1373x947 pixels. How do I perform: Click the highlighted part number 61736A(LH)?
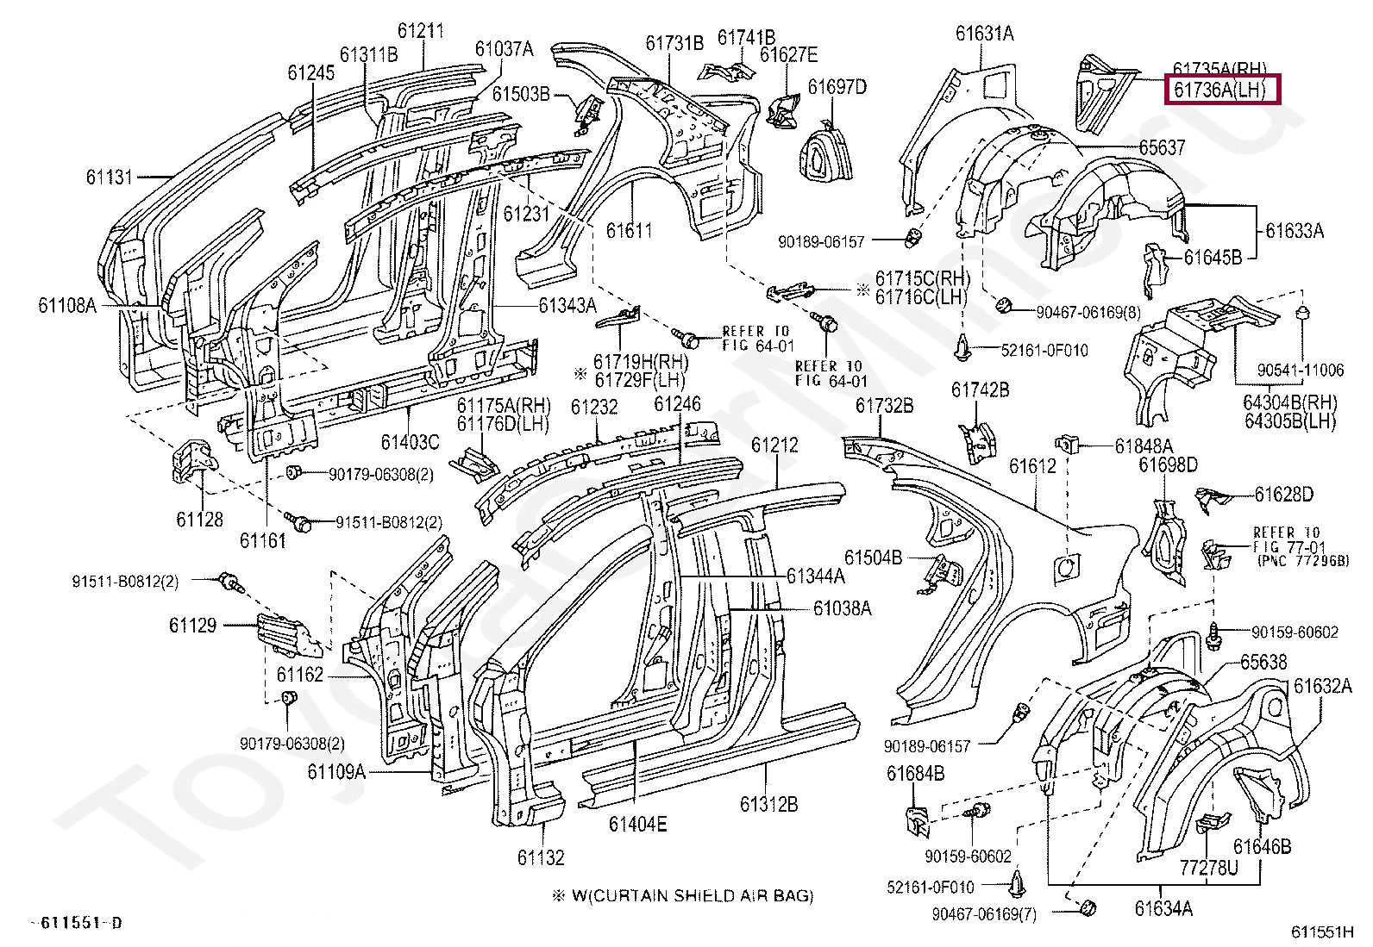pyautogui.click(x=1223, y=90)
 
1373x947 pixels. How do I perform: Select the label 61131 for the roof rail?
pyautogui.click(x=110, y=178)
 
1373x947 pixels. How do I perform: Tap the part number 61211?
pyautogui.click(x=420, y=31)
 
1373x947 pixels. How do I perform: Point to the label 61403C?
pyautogui.click(x=410, y=441)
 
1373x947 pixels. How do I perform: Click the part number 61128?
pyautogui.click(x=199, y=519)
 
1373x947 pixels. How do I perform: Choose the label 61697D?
pyautogui.click(x=837, y=87)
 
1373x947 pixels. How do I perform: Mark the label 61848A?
pyautogui.click(x=1144, y=446)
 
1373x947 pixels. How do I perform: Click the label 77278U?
pyautogui.click(x=1208, y=867)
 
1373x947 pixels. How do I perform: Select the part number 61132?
pyautogui.click(x=541, y=857)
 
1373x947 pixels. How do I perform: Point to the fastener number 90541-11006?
pyautogui.click(x=1300, y=371)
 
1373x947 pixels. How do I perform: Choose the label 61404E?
pyautogui.click(x=637, y=825)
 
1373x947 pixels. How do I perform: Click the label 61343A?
pyautogui.click(x=567, y=306)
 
